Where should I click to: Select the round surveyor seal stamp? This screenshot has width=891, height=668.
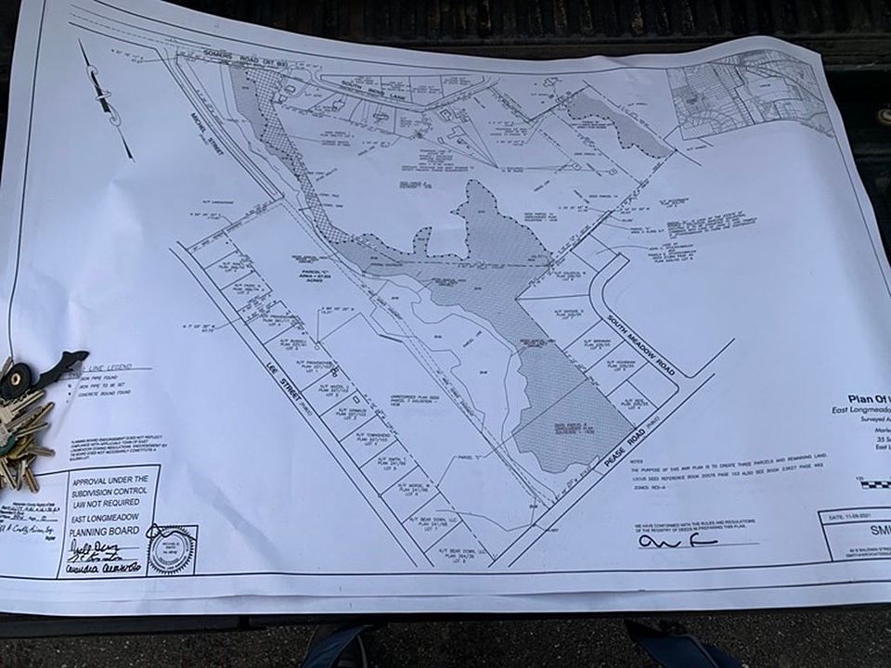point(171,549)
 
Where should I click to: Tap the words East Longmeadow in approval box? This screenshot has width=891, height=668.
point(103,520)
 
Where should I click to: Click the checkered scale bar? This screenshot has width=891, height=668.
point(872,482)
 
